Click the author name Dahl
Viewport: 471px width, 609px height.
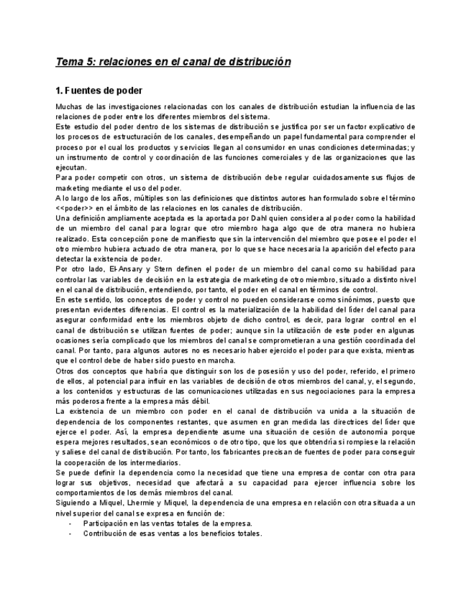pos(237,218)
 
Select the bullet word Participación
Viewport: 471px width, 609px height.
pos(106,524)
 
